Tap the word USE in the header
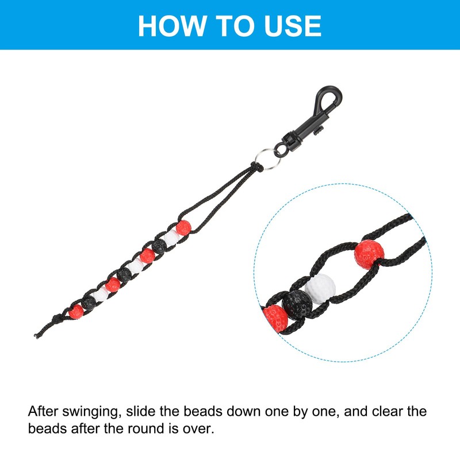pyautogui.click(x=293, y=26)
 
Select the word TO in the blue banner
pyautogui.click(x=235, y=26)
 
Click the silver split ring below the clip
pyautogui.click(x=267, y=159)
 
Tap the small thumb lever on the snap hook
pyautogui.click(x=319, y=130)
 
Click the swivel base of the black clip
pyautogui.click(x=289, y=141)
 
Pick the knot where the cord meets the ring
pyautogui.click(x=257, y=167)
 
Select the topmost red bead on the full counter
pyautogui.click(x=183, y=228)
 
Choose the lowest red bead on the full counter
pyautogui.click(x=76, y=312)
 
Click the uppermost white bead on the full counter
pyautogui.click(x=171, y=237)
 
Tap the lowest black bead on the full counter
pyautogui.click(x=88, y=303)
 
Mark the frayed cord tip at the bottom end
pyautogui.click(x=36, y=336)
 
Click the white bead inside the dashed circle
pyautogui.click(x=320, y=289)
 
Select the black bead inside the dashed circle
pyautogui.click(x=297, y=305)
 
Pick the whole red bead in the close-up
pyautogui.click(x=369, y=255)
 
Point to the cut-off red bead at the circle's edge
pyautogui.click(x=275, y=319)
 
